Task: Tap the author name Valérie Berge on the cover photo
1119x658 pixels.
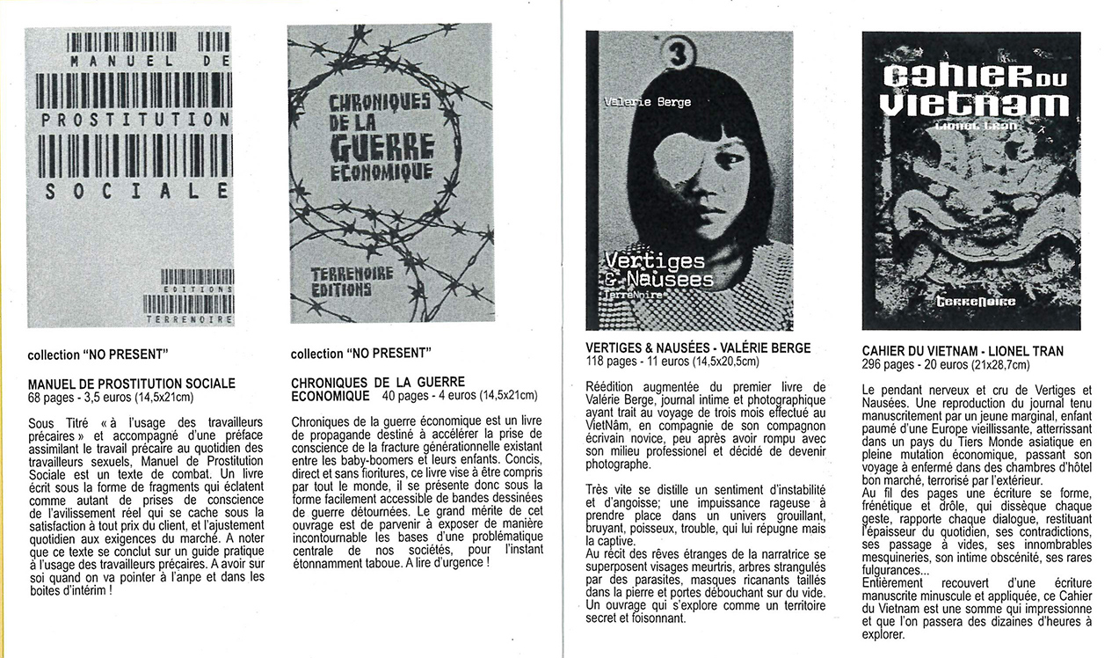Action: (x=648, y=102)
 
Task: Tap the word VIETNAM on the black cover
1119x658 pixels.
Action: (x=973, y=105)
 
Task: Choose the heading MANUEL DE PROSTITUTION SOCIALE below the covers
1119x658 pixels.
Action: (x=132, y=384)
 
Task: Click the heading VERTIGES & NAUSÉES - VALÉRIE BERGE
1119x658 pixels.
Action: (x=698, y=348)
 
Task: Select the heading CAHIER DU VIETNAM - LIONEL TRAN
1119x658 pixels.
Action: (x=963, y=351)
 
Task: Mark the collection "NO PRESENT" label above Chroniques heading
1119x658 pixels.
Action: (x=360, y=354)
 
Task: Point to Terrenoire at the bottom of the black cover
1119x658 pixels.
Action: (x=975, y=302)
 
